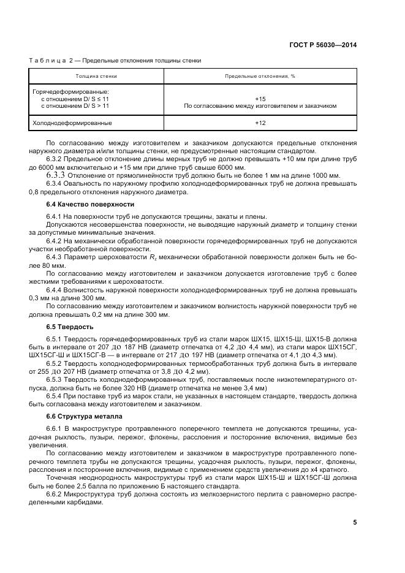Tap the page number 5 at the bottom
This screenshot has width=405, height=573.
355,522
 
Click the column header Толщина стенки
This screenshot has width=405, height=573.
96,77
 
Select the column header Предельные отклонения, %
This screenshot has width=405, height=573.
260,77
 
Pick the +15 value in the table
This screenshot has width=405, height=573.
260,99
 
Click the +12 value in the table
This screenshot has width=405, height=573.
260,123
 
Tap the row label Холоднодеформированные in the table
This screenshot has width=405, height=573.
72,123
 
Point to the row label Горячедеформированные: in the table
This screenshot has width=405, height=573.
70,91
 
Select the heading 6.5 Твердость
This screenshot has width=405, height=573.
70,326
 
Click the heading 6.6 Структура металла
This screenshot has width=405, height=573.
85,416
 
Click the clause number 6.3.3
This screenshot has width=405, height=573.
56,175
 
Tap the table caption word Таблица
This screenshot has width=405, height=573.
45,61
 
